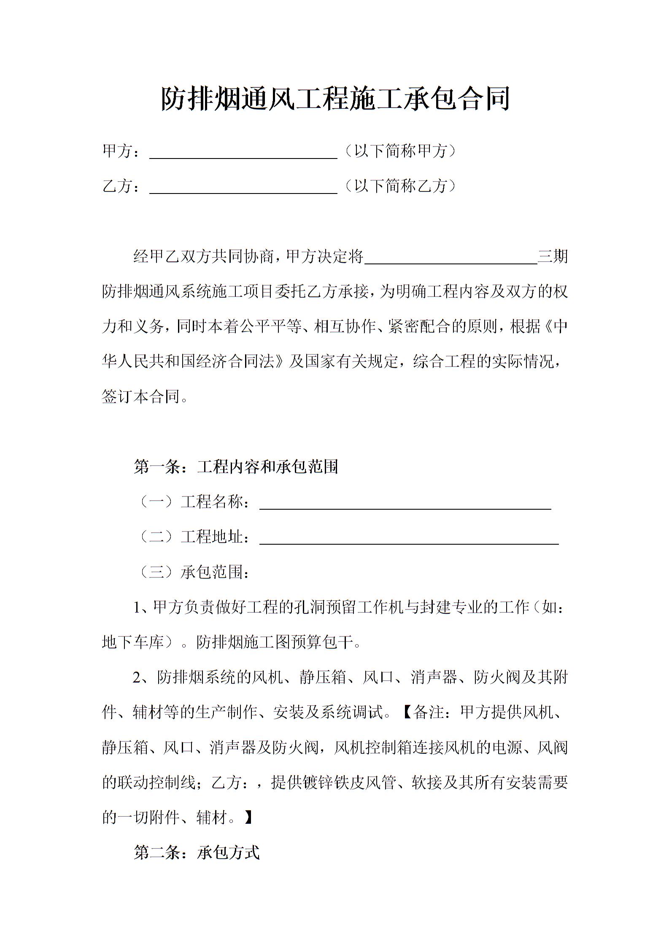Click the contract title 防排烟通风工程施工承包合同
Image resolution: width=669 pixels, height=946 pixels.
tap(335, 99)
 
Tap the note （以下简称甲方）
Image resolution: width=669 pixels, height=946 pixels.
tap(400, 151)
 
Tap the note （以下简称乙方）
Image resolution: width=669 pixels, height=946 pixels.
tap(400, 186)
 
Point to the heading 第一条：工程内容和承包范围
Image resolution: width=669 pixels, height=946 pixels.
tap(236, 467)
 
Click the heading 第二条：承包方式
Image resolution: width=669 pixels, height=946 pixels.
tap(197, 853)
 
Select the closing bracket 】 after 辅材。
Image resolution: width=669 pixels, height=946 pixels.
tap(248, 818)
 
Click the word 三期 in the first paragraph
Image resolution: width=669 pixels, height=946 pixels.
tap(553, 256)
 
